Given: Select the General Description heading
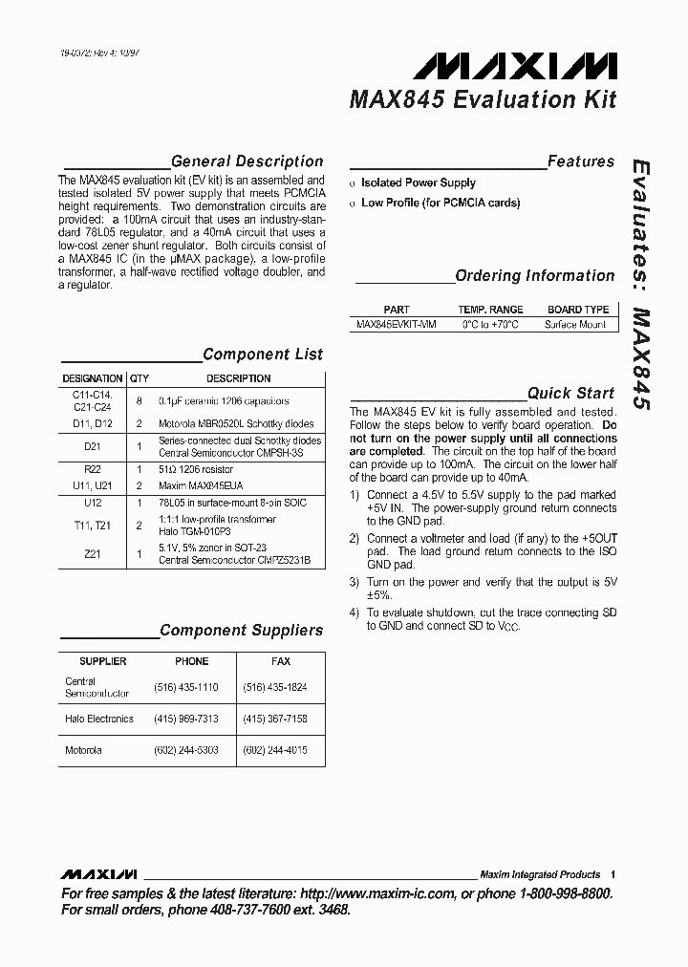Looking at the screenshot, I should point(247,161).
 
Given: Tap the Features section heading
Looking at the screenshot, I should point(580,161).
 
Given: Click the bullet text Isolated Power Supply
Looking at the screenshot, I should point(418,183).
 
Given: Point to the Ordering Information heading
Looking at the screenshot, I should point(534,276).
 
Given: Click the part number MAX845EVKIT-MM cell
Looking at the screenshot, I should point(396,325).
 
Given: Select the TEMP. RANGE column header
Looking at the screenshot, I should point(490,310).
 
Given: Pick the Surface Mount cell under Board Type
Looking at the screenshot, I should point(575,325).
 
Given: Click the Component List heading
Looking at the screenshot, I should point(263,355).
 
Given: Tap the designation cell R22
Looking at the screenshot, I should point(93,470).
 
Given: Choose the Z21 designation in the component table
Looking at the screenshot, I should point(93,553).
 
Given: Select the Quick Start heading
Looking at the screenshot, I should point(570,393).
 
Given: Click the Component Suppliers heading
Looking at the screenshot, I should point(241,631).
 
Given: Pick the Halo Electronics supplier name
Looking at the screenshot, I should point(99,719).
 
